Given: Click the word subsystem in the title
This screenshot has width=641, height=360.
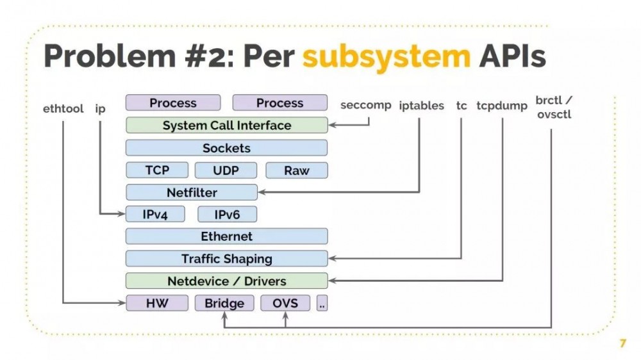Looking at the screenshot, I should click(387, 57).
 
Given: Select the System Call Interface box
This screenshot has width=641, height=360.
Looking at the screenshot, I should click(226, 126).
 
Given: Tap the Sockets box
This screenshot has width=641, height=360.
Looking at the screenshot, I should click(226, 148).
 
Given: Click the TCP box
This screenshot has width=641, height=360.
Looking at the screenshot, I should click(157, 170).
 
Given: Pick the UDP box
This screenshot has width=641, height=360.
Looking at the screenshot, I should click(226, 170).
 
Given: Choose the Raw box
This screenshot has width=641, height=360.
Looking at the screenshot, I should click(296, 170).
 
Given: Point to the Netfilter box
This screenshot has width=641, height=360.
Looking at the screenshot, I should click(192, 192).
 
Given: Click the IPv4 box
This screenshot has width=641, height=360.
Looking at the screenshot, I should click(155, 215).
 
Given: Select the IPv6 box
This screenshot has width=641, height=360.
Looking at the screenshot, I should click(227, 215).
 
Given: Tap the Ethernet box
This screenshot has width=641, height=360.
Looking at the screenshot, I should click(226, 236).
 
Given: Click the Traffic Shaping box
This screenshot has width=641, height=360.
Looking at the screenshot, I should click(226, 259).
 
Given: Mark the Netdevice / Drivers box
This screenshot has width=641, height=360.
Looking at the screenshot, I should click(226, 281).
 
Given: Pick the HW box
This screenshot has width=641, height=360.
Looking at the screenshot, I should click(157, 303).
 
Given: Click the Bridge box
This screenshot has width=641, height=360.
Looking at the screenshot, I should click(224, 303).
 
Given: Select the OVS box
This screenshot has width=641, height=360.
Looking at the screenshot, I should click(285, 303).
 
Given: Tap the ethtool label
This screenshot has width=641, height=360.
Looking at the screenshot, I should click(63, 109).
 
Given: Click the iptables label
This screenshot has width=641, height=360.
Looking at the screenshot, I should click(421, 106).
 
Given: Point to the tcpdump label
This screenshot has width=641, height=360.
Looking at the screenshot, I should click(501, 106).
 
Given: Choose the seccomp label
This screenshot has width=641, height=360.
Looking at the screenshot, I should click(365, 105).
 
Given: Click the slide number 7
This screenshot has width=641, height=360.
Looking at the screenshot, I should click(622, 344).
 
